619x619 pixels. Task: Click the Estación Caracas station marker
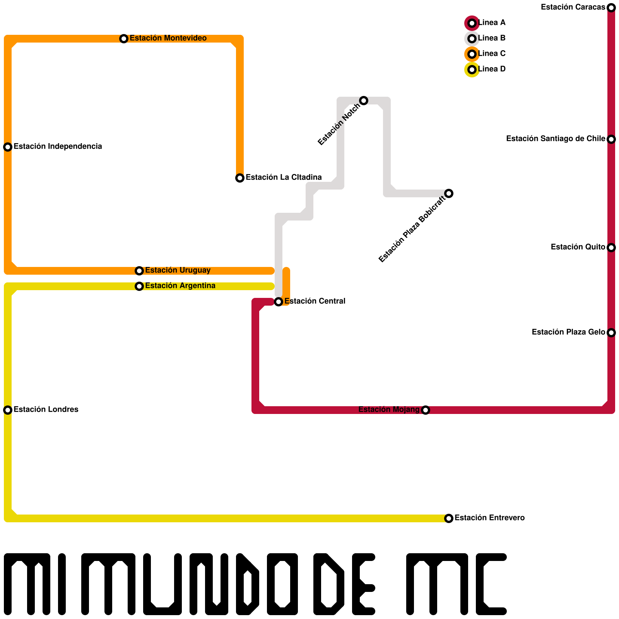tap(611, 8)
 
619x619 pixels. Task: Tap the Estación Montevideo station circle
tap(124, 39)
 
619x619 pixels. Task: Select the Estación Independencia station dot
tap(8, 147)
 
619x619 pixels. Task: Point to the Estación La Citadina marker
tap(240, 178)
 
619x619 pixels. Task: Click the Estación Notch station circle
tap(364, 101)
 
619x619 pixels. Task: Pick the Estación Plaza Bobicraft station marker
tap(449, 193)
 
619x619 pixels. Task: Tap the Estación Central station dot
tap(279, 302)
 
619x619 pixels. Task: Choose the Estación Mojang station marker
tap(426, 410)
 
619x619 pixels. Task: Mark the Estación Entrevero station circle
tap(449, 518)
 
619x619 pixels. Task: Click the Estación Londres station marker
tap(8, 410)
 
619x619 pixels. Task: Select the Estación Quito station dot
tap(611, 248)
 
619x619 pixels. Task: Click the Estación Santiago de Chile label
tap(556, 139)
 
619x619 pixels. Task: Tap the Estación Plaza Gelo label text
tap(568, 332)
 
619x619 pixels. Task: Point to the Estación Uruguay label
tap(178, 270)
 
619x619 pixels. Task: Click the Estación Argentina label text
tap(180, 286)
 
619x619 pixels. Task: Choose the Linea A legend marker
tap(472, 23)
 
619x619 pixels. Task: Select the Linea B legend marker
tap(472, 39)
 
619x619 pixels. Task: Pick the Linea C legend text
tap(492, 54)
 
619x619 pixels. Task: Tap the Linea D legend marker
tap(472, 70)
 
